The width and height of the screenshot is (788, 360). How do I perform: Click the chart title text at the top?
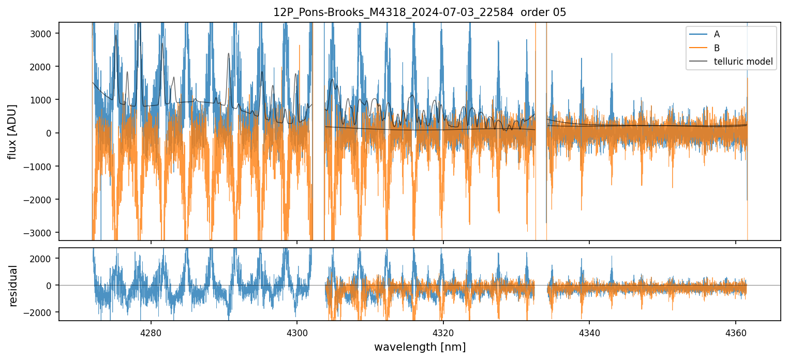pos(420,12)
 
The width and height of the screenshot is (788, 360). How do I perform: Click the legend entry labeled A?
pos(717,34)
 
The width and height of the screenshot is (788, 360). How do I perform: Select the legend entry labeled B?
pos(717,48)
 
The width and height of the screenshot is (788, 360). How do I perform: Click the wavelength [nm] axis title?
pos(420,347)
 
